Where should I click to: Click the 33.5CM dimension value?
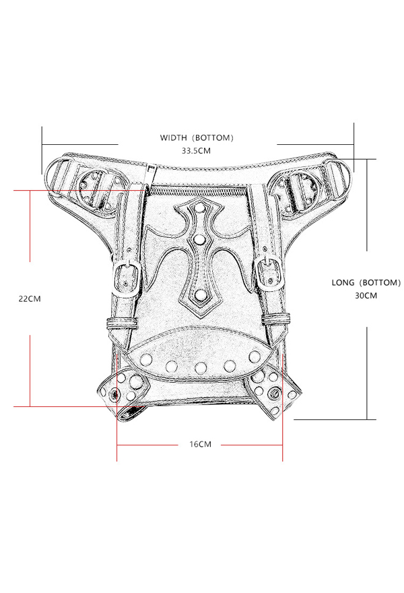[196, 151]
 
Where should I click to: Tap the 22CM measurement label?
[30, 299]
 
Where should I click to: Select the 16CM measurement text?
[199, 444]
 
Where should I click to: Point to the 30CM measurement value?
[366, 296]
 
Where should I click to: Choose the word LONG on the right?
[345, 282]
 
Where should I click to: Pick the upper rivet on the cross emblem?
[199, 239]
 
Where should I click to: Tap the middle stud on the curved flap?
[200, 367]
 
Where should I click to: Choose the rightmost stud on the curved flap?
[256, 356]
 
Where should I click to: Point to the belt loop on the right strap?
[277, 317]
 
